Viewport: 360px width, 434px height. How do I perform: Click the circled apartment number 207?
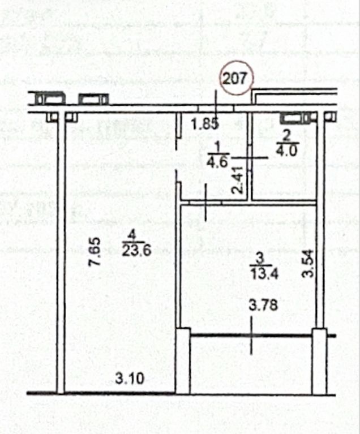click(236, 78)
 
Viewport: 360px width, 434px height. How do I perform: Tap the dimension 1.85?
click(205, 124)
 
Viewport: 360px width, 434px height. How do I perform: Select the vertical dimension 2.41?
click(238, 179)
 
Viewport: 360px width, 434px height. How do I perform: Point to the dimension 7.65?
click(94, 252)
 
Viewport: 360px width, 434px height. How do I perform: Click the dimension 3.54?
click(307, 263)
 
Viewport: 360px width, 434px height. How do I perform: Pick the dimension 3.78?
click(263, 306)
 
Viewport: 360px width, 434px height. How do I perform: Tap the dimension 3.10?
click(130, 378)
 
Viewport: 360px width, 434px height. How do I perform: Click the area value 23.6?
click(137, 251)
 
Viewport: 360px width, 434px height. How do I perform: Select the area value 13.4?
click(264, 274)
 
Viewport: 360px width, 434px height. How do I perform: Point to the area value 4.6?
click(218, 161)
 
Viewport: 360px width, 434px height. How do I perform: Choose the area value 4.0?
click(286, 151)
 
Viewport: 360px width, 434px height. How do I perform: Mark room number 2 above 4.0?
click(286, 136)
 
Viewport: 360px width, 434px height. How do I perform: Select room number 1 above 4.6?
click(218, 147)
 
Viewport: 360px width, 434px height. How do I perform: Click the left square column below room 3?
click(183, 361)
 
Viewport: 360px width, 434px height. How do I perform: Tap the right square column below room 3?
click(319, 361)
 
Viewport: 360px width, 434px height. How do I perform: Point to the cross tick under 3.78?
click(251, 336)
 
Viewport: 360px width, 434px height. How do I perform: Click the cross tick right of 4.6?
click(250, 158)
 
